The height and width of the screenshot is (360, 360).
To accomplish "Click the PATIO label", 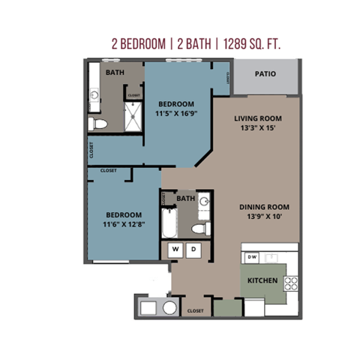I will point(264,74).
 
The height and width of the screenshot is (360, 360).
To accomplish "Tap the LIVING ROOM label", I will point(258,118).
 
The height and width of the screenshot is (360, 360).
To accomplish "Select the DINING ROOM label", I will point(264,207).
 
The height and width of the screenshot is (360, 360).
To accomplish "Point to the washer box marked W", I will point(175,249).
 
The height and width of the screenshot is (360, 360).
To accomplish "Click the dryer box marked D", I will point(192,249).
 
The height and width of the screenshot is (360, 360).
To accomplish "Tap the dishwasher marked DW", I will point(252,258).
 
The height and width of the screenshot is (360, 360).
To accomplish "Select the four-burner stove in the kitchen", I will point(290,283).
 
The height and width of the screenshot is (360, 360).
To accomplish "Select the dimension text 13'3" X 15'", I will point(258,129).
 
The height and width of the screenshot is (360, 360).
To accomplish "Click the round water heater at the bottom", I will point(169,307).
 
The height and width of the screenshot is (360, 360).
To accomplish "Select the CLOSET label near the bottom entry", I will point(195,310).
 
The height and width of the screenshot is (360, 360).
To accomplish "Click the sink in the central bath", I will point(203,201).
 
